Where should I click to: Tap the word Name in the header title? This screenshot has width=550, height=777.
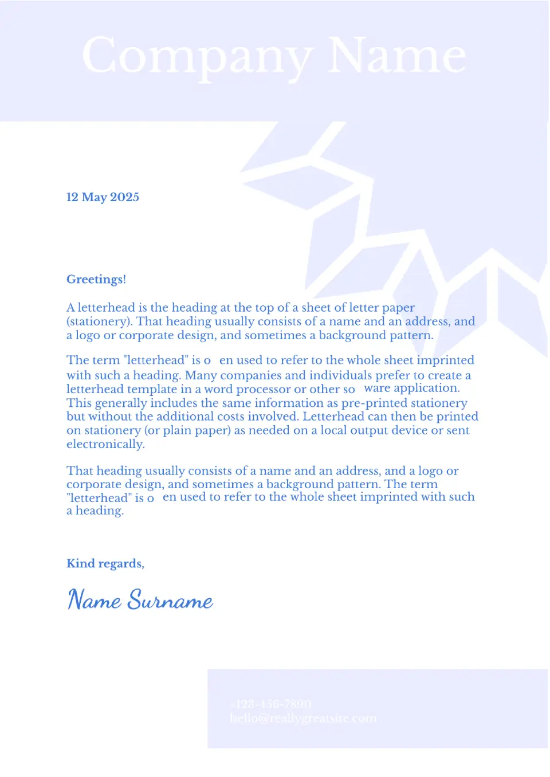(396, 56)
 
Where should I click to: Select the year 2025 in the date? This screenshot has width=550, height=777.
(124, 197)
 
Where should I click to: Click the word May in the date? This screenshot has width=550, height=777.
(95, 198)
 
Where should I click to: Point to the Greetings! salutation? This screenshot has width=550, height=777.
(96, 280)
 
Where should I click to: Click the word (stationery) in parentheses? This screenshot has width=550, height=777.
(100, 321)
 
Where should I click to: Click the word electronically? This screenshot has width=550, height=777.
(105, 445)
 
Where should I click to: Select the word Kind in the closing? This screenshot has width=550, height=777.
(81, 564)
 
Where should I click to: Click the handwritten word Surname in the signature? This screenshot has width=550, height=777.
(170, 601)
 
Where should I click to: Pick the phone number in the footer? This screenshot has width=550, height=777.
(271, 704)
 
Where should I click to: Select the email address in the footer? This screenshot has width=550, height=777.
(303, 719)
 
